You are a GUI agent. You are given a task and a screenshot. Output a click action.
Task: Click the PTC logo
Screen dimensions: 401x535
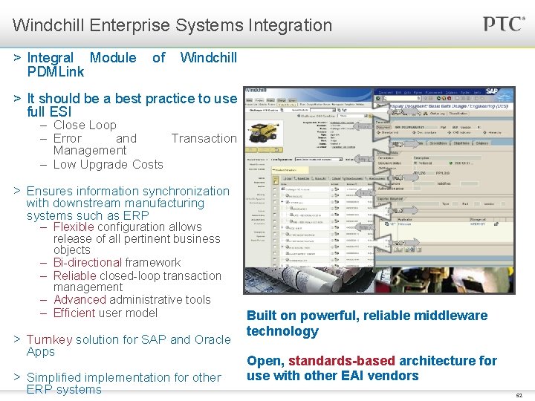(504, 24)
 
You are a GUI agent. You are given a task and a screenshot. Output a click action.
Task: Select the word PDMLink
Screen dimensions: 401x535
(56, 72)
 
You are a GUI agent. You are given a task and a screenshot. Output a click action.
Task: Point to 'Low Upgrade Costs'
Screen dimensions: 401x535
(108, 164)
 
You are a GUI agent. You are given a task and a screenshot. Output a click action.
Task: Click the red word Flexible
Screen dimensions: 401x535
(74, 226)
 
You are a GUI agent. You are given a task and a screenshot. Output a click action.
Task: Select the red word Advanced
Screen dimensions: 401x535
(80, 299)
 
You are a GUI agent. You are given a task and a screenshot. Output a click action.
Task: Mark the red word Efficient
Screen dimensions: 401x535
(74, 313)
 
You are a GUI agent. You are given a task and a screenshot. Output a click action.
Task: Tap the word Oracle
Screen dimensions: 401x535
(213, 339)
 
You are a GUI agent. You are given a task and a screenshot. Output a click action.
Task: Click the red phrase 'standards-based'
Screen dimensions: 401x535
(341, 361)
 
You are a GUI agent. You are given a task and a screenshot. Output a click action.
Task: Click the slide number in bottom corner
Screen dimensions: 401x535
(519, 395)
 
